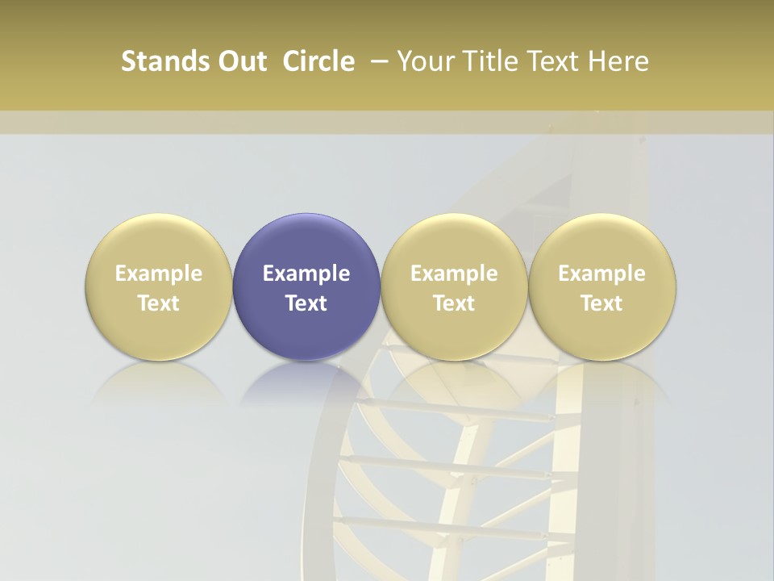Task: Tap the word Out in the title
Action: [240, 61]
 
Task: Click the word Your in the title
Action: [424, 61]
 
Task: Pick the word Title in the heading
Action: [485, 61]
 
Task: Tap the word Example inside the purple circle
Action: [306, 274]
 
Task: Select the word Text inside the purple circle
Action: [306, 303]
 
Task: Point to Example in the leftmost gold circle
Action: [159, 274]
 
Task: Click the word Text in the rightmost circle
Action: [602, 303]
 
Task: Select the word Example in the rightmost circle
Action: [602, 274]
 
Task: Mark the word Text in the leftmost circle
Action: [159, 303]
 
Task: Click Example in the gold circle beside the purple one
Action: [454, 274]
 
